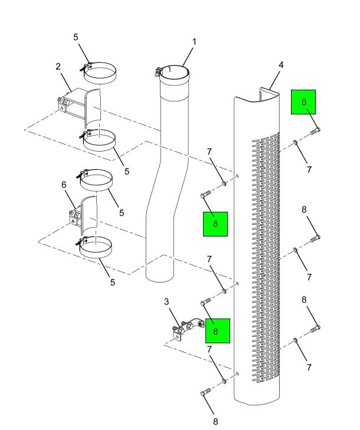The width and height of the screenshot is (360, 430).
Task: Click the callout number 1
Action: pyautogui.click(x=194, y=42)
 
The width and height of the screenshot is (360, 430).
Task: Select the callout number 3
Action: pyautogui.click(x=166, y=302)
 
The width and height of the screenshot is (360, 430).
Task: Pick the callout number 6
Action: pyautogui.click(x=64, y=185)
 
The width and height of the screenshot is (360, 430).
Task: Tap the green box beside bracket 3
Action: pyautogui.click(x=217, y=331)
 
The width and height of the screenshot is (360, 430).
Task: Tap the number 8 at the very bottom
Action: pyautogui.click(x=216, y=421)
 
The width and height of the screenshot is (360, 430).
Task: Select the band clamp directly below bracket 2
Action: pyautogui.click(x=99, y=141)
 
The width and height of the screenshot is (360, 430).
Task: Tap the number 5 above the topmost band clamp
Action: pyautogui.click(x=76, y=38)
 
